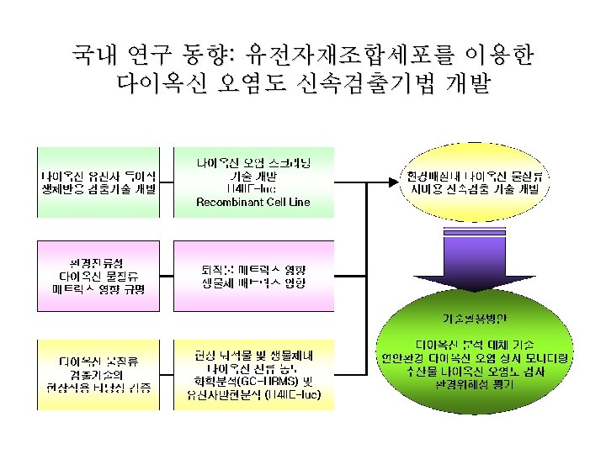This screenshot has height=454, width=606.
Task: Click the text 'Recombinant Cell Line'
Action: coord(252,203)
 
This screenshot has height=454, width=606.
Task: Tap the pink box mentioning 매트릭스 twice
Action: coord(252,270)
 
